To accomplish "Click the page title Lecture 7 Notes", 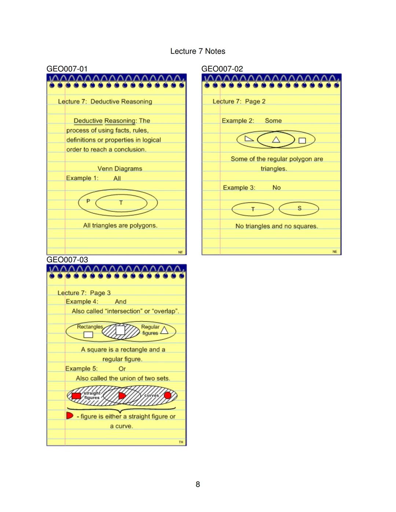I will click(198, 51).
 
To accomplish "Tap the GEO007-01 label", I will click(67, 69).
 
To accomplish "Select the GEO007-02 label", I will click(222, 69).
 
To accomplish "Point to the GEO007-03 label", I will click(67, 259).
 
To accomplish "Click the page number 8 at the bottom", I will click(198, 484).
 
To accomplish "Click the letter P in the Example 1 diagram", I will click(88, 201).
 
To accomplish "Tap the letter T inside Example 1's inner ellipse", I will click(121, 203).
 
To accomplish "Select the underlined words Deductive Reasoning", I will click(105, 121).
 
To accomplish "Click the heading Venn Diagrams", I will click(120, 169).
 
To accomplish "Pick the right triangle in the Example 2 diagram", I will click(249, 139).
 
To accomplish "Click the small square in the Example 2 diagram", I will click(302, 140).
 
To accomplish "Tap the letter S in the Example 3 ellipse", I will click(299, 208).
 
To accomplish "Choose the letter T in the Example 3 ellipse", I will click(253, 209).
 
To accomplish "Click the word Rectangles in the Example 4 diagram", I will click(90, 327).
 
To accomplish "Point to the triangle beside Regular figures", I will click(164, 330).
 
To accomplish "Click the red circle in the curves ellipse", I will click(168, 395).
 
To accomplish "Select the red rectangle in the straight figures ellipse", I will click(76, 396).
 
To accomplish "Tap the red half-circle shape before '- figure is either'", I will click(69, 416).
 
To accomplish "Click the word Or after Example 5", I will click(122, 369).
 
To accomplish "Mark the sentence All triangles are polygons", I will click(120, 225).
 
